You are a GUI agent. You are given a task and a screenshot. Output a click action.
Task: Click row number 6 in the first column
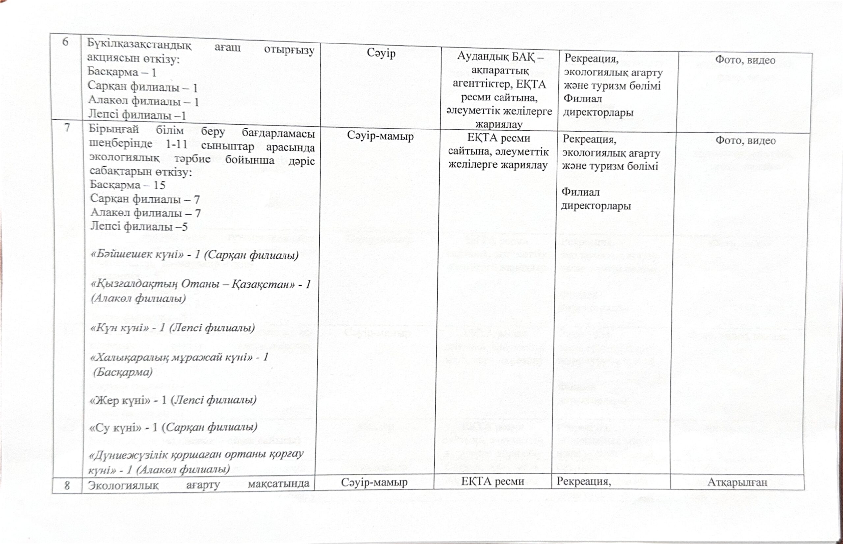coord(65,42)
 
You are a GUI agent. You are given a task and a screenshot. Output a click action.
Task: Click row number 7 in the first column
coord(67,128)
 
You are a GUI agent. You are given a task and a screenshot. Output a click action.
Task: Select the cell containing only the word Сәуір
coord(381,53)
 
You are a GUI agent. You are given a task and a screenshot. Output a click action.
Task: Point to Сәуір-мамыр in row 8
coord(374,482)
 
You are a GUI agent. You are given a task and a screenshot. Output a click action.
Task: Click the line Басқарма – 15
coord(127,185)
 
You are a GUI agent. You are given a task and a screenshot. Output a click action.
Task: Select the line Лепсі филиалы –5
coord(139,226)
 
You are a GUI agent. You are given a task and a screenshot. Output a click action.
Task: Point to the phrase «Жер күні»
coord(121,400)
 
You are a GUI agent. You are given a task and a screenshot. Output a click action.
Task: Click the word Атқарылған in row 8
coord(737,482)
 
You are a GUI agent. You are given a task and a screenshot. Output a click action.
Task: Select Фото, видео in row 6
coord(745,60)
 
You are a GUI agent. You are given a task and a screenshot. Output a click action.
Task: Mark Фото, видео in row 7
coord(745,141)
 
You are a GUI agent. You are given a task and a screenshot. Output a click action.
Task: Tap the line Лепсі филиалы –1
coord(137,114)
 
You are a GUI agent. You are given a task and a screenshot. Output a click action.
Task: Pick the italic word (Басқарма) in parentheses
coord(123,372)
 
